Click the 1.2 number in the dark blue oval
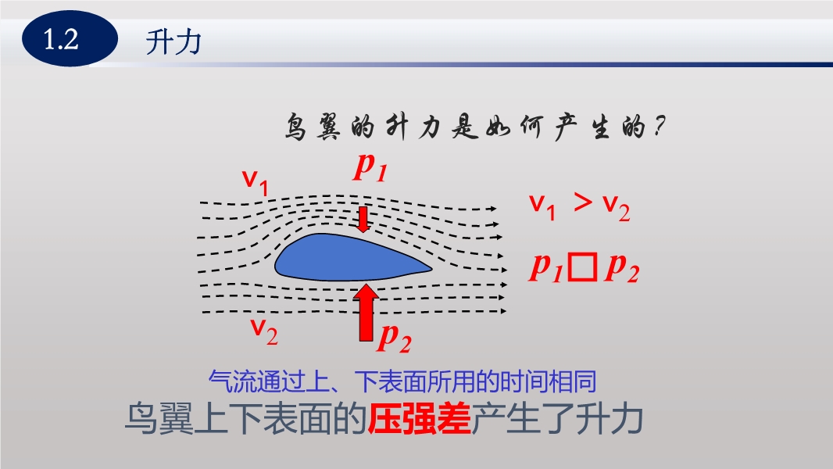pyautogui.click(x=61, y=39)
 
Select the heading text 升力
pyautogui.click(x=173, y=42)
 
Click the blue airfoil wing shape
pyautogui.click(x=353, y=257)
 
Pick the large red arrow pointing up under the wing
pyautogui.click(x=366, y=313)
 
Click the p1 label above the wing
pyautogui.click(x=371, y=166)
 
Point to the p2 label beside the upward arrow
pyautogui.click(x=394, y=337)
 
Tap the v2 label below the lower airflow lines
pyautogui.click(x=264, y=331)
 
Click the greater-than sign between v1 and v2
pyautogui.click(x=583, y=202)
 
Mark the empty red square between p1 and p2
pyautogui.click(x=583, y=267)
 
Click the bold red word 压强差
pyautogui.click(x=420, y=419)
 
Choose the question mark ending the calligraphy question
pyautogui.click(x=660, y=127)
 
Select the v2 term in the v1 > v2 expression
pyautogui.click(x=617, y=208)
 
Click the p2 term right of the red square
pyautogui.click(x=622, y=267)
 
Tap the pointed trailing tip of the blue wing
pyautogui.click(x=432, y=268)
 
